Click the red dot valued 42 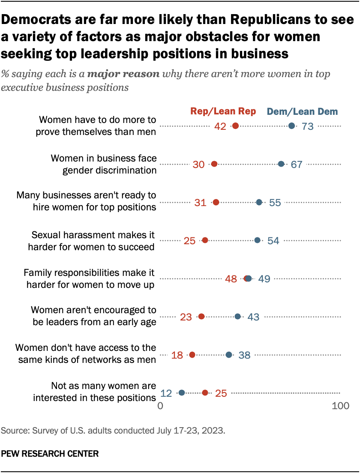click(235, 126)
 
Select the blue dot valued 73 click(292, 126)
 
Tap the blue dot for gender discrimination click(281, 164)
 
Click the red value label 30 click(199, 165)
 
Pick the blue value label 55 click(275, 203)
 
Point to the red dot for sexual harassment click(205, 240)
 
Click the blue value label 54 click(273, 241)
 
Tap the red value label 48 click(231, 279)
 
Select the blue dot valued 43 click(238, 317)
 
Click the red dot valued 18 click(192, 355)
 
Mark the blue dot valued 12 click(182, 392)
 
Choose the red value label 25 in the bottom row click(221, 393)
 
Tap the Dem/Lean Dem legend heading click(302, 111)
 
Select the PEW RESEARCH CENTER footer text click(50, 453)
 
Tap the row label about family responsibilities click(89, 278)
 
